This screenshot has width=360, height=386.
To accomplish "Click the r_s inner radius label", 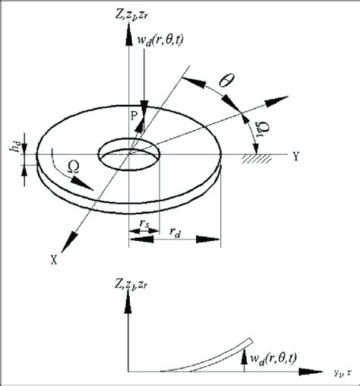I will point(142,225).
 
